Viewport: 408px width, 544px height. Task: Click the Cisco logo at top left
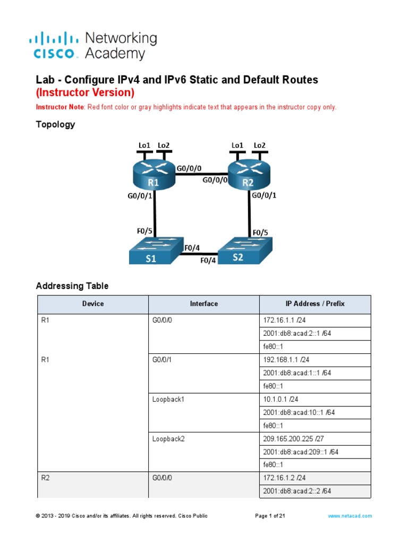click(56, 45)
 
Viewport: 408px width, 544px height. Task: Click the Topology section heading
click(55, 124)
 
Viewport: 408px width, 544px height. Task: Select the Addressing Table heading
click(72, 286)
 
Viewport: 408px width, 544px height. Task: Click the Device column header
click(93, 304)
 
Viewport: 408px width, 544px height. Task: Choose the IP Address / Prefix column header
click(315, 304)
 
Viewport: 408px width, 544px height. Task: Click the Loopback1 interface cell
click(168, 399)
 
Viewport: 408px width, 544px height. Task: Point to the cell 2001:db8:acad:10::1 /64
click(297, 412)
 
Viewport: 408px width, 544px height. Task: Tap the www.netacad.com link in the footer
click(350, 516)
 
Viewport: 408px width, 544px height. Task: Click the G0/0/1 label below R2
click(264, 195)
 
